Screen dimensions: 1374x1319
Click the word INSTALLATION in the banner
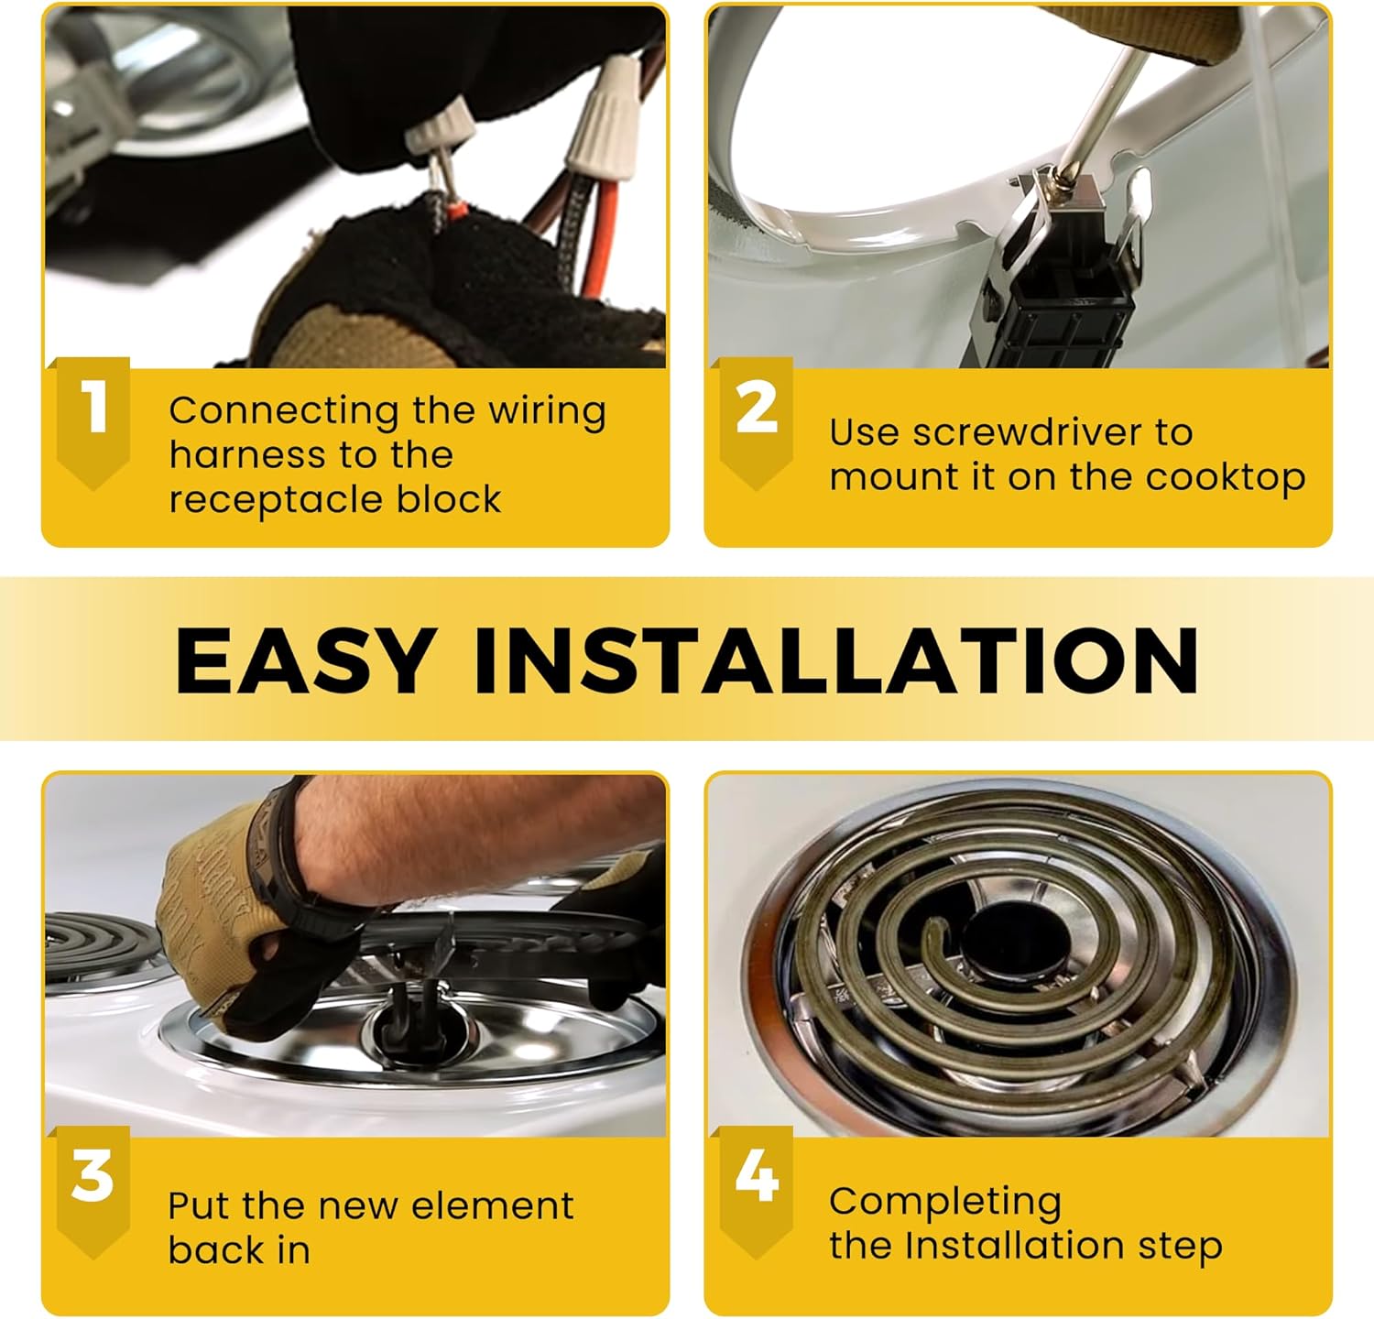click(x=836, y=660)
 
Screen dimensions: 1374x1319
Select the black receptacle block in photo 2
click(x=1049, y=293)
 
